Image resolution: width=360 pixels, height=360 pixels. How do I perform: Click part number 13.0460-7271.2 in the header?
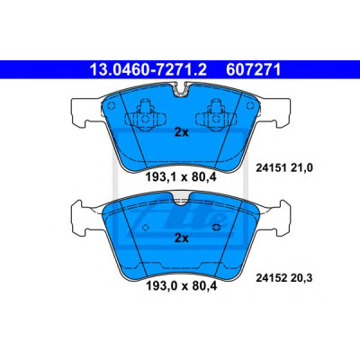(x=148, y=70)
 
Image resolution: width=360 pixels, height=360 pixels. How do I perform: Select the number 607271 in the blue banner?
(x=254, y=70)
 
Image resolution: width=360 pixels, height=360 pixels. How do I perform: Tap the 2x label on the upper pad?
(x=182, y=132)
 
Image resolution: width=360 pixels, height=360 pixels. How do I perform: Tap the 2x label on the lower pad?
(x=182, y=238)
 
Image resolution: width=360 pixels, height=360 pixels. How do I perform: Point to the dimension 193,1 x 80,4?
(x=181, y=177)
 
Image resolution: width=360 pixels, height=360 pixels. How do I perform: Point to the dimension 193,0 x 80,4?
(x=181, y=285)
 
